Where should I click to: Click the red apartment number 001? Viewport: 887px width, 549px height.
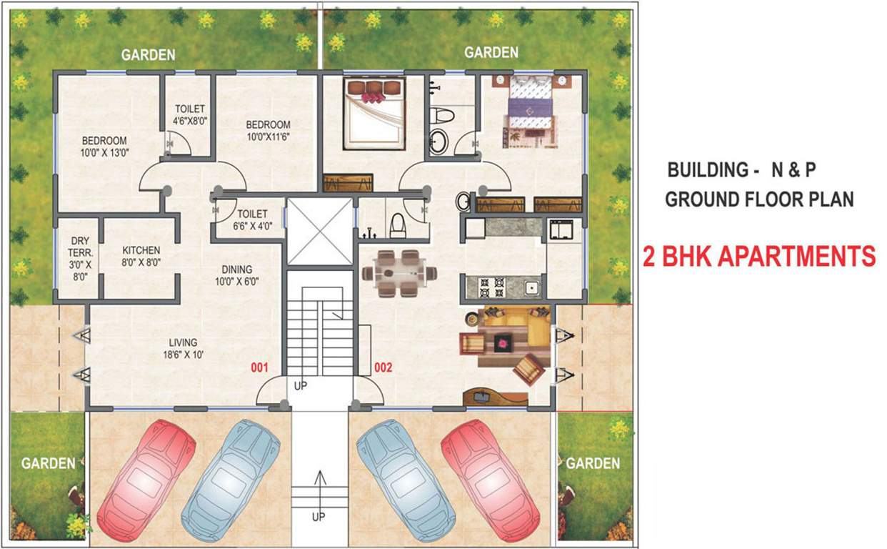pyautogui.click(x=259, y=368)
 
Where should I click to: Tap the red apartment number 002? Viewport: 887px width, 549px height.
pyautogui.click(x=384, y=368)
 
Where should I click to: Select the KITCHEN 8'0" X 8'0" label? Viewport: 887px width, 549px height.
pyautogui.click(x=141, y=256)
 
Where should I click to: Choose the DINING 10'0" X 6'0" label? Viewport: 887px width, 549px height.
pyautogui.click(x=236, y=275)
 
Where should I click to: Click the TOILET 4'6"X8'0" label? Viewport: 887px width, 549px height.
pyautogui.click(x=191, y=115)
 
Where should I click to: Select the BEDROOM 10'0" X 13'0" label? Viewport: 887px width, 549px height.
pyautogui.click(x=104, y=146)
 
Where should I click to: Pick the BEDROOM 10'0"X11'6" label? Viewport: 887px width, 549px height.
pyautogui.click(x=268, y=129)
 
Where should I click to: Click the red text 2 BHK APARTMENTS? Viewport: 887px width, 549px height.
pyautogui.click(x=759, y=256)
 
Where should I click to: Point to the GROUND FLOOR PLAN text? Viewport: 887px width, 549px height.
pyautogui.click(x=759, y=199)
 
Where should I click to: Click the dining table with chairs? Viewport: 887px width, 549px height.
pyautogui.click(x=399, y=272)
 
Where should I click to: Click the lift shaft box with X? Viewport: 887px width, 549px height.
pyautogui.click(x=320, y=232)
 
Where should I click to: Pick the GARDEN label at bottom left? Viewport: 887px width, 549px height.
pyautogui.click(x=48, y=463)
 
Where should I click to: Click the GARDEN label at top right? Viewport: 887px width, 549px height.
pyautogui.click(x=491, y=53)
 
